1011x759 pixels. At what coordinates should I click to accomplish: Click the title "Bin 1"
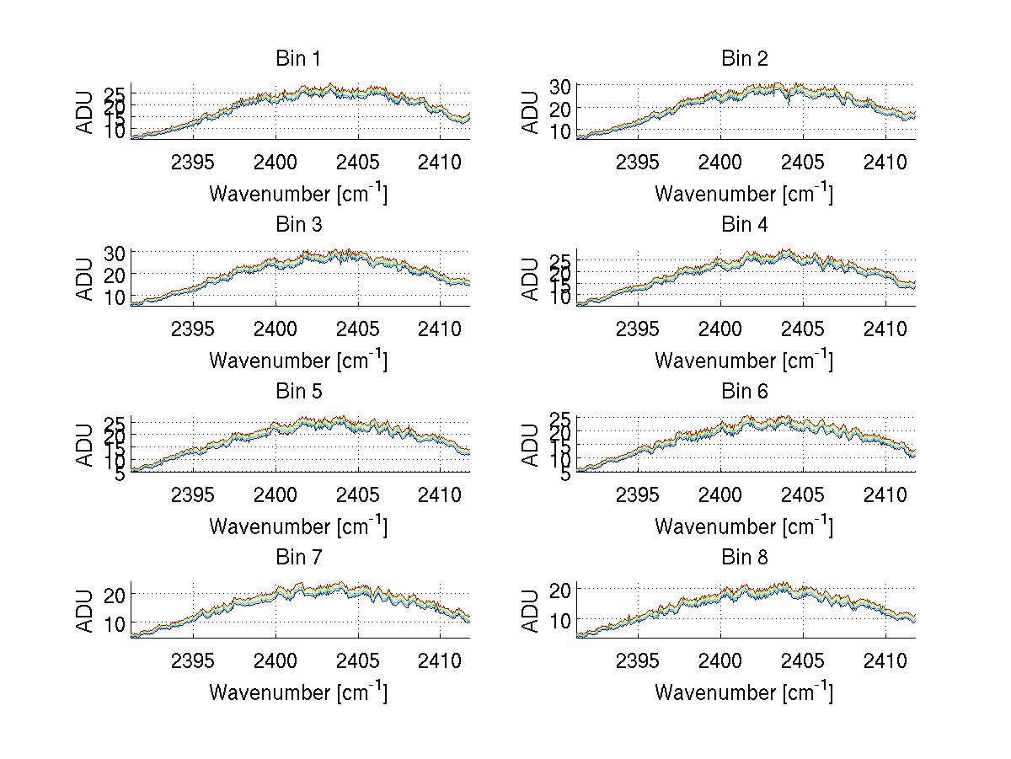(298, 59)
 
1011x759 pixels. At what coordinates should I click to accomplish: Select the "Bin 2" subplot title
(744, 59)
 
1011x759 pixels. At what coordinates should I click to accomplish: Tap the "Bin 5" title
(298, 392)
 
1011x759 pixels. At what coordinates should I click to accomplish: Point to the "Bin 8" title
(744, 558)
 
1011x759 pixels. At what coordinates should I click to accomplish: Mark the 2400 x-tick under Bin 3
(275, 328)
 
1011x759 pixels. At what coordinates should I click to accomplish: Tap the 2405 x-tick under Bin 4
(803, 328)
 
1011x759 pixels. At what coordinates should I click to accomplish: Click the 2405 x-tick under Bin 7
(357, 660)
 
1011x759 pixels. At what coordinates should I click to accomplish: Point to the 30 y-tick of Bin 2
(561, 86)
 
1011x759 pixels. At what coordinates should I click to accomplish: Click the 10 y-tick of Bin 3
(115, 297)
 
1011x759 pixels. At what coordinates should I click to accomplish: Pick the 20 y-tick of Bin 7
(115, 595)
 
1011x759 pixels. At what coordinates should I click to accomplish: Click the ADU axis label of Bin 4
(531, 278)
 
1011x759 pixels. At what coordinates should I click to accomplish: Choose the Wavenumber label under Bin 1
(298, 193)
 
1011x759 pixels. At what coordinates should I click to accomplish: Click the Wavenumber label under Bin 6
(744, 526)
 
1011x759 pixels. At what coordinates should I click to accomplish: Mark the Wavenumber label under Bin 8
(744, 692)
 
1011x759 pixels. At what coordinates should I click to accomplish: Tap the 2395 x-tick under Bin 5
(193, 494)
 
